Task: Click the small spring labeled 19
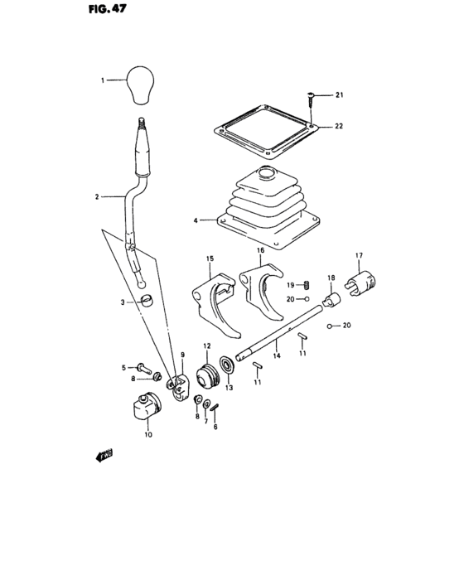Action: (305, 284)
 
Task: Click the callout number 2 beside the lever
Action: (98, 197)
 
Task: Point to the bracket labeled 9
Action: (179, 386)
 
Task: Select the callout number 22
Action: (339, 126)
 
